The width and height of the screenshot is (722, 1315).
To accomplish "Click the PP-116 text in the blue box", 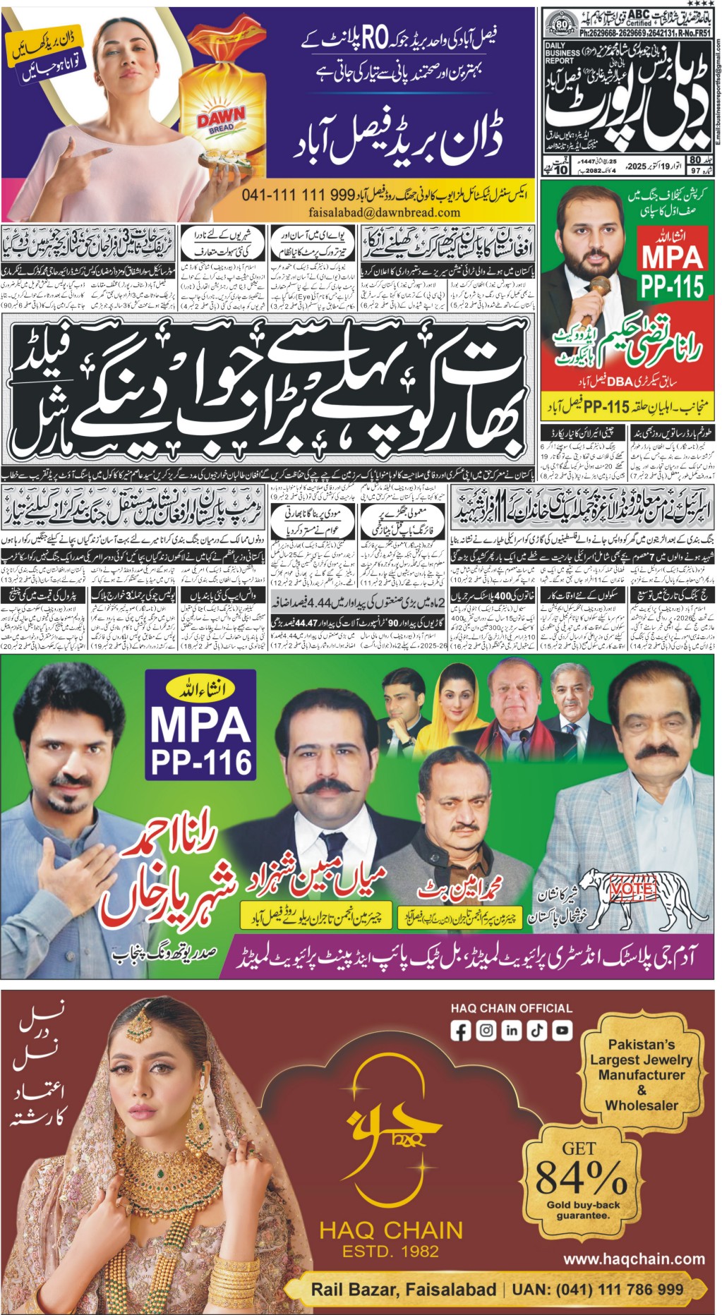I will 200,761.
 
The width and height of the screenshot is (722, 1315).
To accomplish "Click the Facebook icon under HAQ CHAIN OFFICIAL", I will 460,1031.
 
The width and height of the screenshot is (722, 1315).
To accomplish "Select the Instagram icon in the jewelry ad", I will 486,1031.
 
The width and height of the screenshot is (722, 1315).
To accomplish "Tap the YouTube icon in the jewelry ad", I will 562,1031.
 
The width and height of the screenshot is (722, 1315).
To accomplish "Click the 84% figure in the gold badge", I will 581,1176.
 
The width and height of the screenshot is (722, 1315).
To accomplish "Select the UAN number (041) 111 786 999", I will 598,1290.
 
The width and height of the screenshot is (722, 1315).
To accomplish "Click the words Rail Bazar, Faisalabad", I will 403,1290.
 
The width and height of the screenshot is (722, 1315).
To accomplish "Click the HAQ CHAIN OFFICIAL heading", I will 511,1009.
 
